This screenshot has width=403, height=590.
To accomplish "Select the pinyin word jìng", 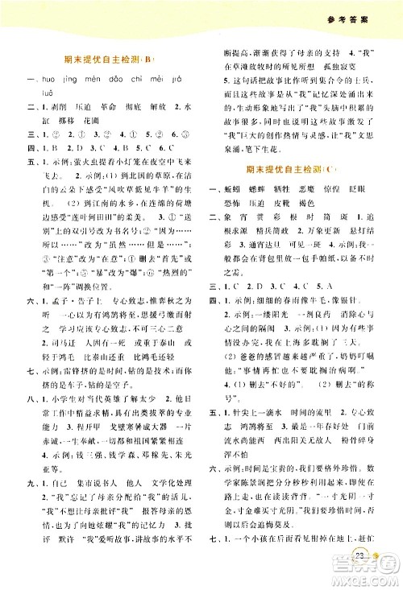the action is pyautogui.click(x=67, y=78).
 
